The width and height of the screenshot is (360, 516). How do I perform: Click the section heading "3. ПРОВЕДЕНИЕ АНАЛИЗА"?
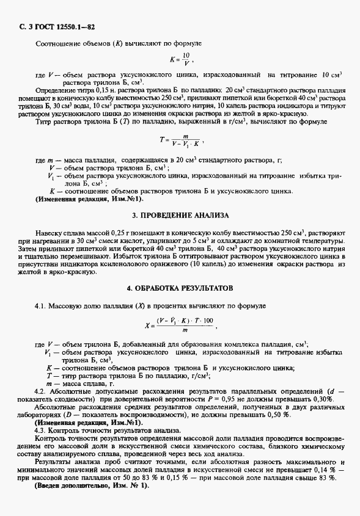(x=180, y=216)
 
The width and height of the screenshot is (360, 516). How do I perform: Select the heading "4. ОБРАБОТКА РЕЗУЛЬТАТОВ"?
(x=180, y=287)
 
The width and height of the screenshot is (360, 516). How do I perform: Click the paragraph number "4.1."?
(x=42, y=303)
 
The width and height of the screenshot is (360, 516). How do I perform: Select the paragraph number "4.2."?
(x=42, y=390)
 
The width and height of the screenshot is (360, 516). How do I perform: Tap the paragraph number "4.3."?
(x=42, y=431)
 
